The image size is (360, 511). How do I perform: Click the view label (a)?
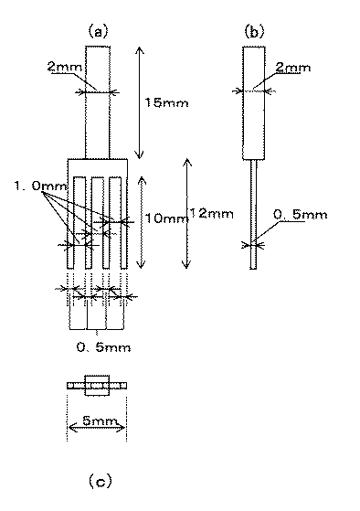(98, 31)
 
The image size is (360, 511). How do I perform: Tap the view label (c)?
(98, 479)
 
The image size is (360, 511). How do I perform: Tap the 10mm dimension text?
(162, 218)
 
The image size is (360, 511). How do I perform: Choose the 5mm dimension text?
(96, 422)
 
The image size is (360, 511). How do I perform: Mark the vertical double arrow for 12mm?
(186, 213)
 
